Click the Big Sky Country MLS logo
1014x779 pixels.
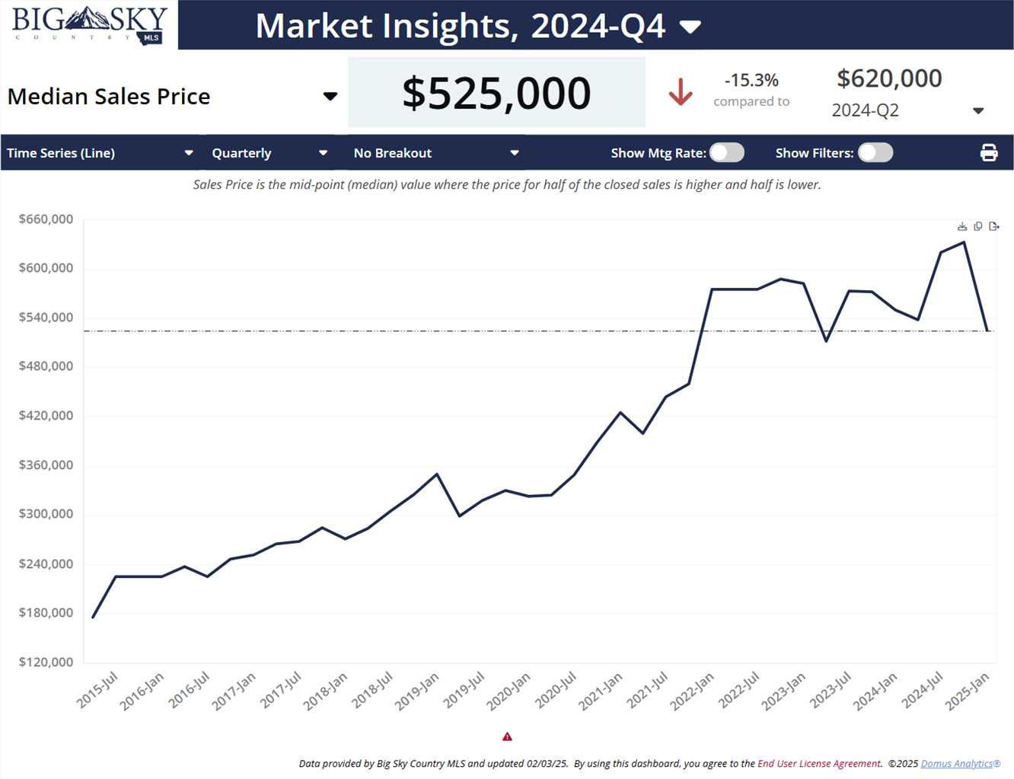[89, 24]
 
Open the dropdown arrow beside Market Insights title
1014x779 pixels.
[690, 27]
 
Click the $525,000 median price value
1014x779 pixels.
[496, 93]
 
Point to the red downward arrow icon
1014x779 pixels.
[681, 92]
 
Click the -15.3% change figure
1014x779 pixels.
[751, 80]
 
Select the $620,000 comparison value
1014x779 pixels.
[889, 78]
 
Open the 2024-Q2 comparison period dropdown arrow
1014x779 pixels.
[978, 111]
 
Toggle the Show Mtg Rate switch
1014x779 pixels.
[727, 153]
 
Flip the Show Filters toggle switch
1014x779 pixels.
[875, 153]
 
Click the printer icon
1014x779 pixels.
[989, 153]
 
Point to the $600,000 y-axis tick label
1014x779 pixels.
[46, 268]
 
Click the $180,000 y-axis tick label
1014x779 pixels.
[46, 613]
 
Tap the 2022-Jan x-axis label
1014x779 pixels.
[692, 691]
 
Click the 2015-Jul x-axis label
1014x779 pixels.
[97, 690]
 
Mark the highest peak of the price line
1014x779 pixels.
[965, 243]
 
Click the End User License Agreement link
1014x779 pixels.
[819, 764]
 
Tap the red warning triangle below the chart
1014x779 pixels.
[507, 736]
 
